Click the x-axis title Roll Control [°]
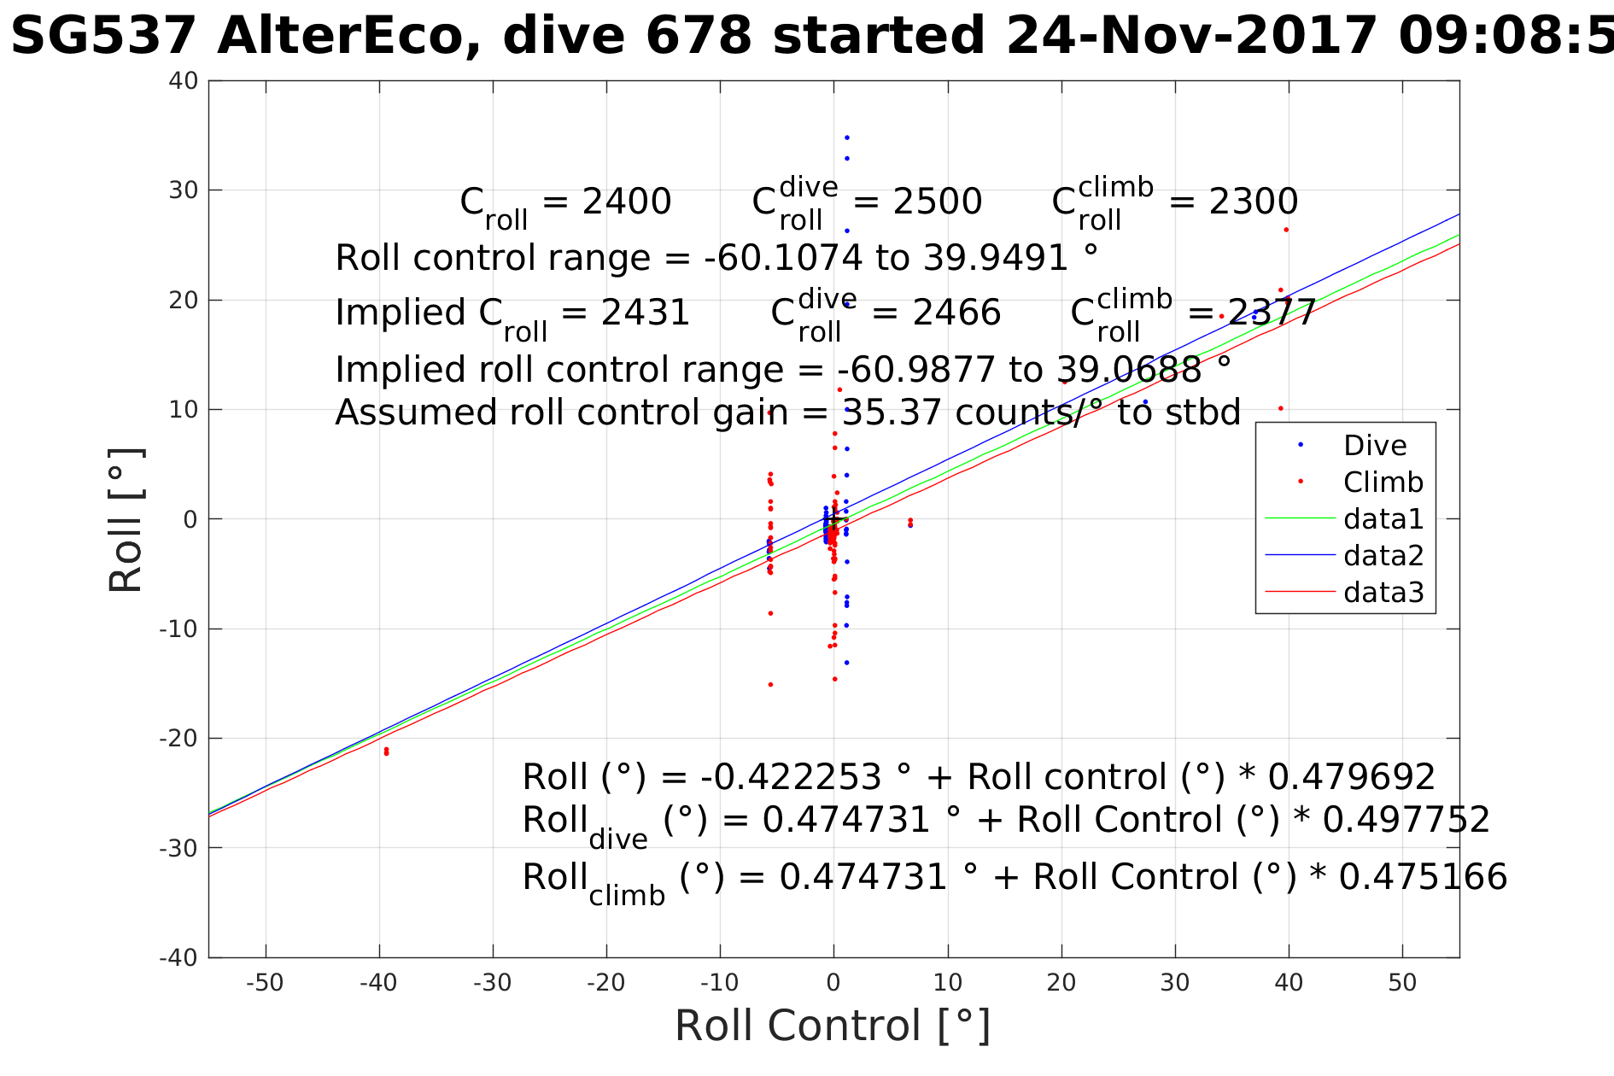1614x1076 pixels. [x=833, y=1026]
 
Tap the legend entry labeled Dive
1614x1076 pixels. [x=1374, y=446]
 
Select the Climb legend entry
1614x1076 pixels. [x=1383, y=482]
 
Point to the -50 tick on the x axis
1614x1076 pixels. [x=265, y=983]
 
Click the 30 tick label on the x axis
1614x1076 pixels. [x=1175, y=983]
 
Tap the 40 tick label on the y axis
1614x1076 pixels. [x=184, y=81]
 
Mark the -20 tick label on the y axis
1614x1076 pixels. [x=178, y=739]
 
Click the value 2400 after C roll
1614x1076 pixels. [x=626, y=202]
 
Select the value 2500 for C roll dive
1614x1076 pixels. [x=937, y=202]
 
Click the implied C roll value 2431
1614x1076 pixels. [x=645, y=313]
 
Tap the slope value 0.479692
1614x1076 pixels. [x=1351, y=778]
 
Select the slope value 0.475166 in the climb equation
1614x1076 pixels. [x=1423, y=878]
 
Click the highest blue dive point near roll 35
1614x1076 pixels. [x=846, y=137]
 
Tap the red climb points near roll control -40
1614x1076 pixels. [x=386, y=751]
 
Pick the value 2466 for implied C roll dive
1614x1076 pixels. [x=956, y=313]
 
